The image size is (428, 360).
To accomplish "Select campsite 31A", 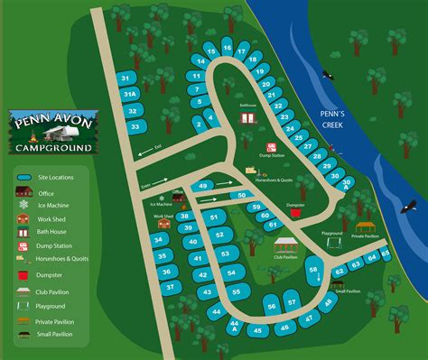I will tap(130, 94).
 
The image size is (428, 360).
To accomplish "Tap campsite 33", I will tap(135, 126).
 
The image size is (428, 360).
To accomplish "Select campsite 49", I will tap(203, 186).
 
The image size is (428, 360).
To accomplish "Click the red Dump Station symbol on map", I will tap(269, 146).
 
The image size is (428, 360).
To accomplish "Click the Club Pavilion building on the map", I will tap(285, 246).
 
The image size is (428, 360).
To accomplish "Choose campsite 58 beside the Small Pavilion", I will tap(313, 267).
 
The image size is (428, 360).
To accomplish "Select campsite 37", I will tap(169, 287).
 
